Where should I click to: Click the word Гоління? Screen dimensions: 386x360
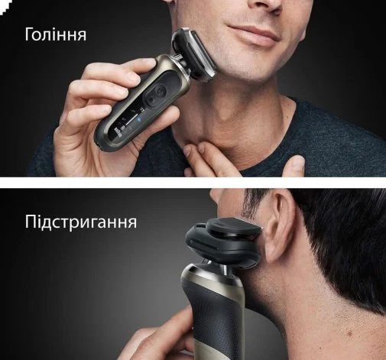click(56, 34)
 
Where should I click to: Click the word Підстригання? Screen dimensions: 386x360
click(81, 222)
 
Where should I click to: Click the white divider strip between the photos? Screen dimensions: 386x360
click(193, 183)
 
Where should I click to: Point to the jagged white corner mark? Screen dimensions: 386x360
click(5, 5)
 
